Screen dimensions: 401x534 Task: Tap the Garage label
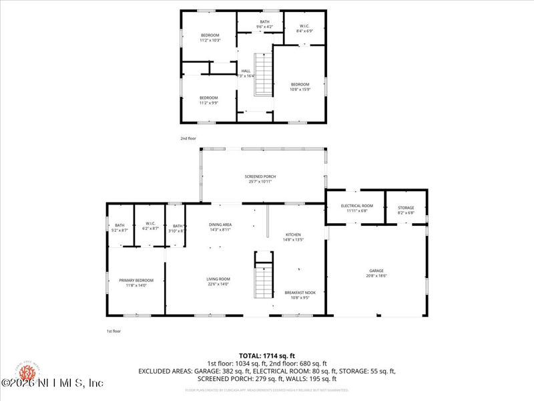pos(376,273)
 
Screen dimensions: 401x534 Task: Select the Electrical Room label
pos(356,208)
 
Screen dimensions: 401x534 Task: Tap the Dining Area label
pos(220,227)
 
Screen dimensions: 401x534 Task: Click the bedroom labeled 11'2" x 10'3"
pos(210,37)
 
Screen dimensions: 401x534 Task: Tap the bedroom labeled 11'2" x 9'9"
pos(209,100)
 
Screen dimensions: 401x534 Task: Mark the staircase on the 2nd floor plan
pos(265,75)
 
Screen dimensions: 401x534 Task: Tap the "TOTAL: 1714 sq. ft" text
pos(266,356)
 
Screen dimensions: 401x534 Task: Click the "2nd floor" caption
pos(188,138)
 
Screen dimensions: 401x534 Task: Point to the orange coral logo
pos(29,372)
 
